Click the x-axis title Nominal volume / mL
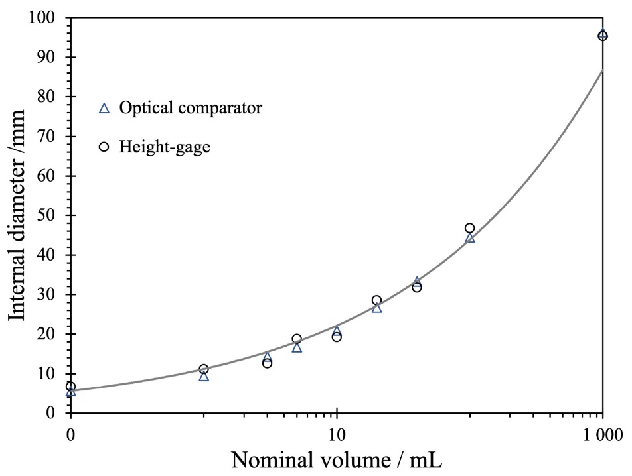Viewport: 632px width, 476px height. [x=337, y=458]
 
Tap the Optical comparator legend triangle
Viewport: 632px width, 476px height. [x=104, y=108]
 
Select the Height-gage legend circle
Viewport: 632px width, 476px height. [x=104, y=147]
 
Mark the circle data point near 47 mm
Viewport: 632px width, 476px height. [x=469, y=228]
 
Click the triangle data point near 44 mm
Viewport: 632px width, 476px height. [x=470, y=237]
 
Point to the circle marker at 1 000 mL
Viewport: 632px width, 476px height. [x=602, y=36]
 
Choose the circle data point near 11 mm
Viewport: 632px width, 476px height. [x=204, y=369]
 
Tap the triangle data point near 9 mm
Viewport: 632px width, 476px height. [x=204, y=376]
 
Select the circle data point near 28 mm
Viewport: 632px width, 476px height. [x=376, y=300]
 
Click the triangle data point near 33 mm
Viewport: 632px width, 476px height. [x=417, y=282]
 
